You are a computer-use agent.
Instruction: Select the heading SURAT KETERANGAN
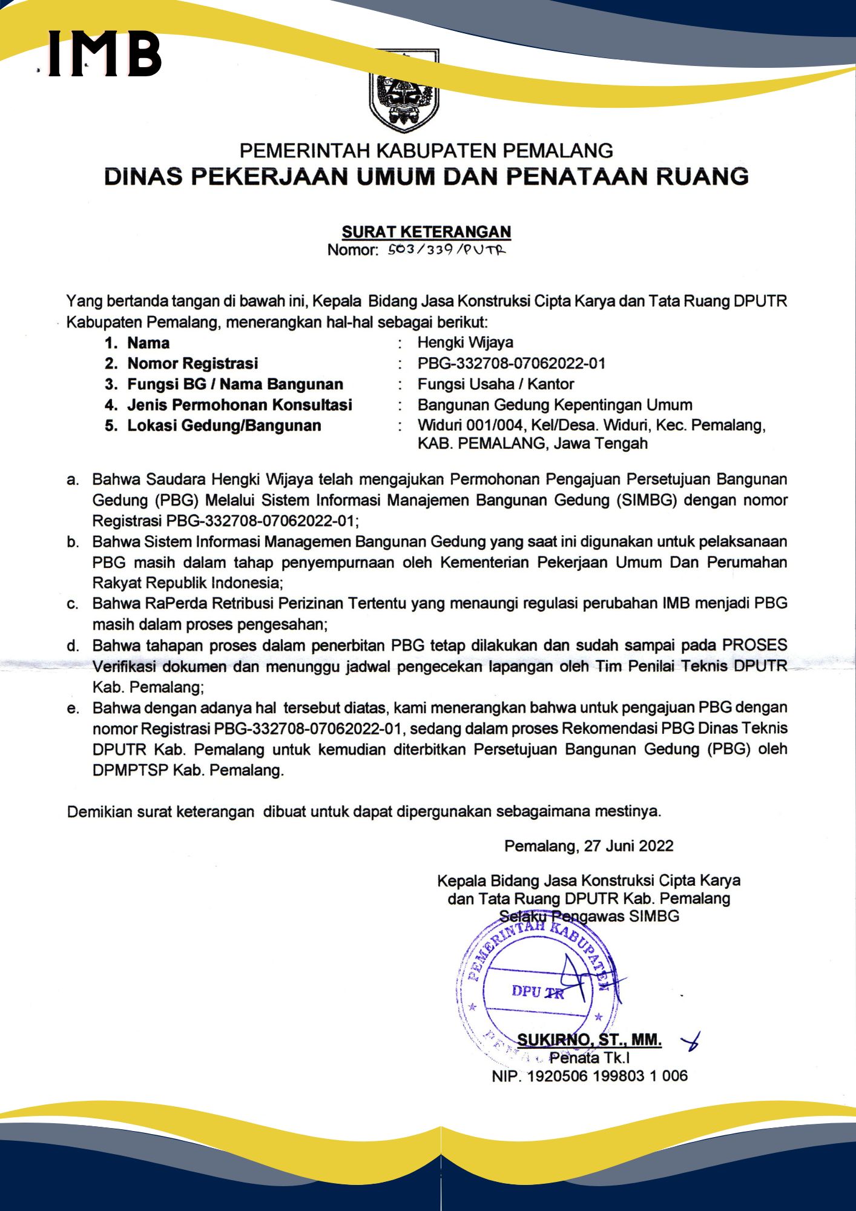[x=426, y=232]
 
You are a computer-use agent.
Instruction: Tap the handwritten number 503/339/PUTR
[x=447, y=249]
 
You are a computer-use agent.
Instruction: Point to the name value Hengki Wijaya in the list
[x=465, y=343]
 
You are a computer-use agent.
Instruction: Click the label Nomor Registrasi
[x=193, y=363]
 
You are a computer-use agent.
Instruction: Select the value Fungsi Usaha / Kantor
[x=495, y=384]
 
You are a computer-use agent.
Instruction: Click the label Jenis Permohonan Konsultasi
[x=239, y=404]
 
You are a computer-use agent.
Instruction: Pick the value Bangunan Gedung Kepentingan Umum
[x=555, y=404]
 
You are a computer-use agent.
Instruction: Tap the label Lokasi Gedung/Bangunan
[x=224, y=425]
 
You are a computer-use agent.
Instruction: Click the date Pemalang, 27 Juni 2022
[x=588, y=846]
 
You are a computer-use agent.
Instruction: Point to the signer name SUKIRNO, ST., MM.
[x=589, y=1040]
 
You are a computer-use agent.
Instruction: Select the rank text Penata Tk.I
[x=589, y=1058]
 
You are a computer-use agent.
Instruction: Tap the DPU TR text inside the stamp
[x=537, y=992]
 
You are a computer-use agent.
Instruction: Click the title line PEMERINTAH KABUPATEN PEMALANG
[x=426, y=151]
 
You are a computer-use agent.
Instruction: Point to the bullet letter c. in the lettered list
[x=73, y=604]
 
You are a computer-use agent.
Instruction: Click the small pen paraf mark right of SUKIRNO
[x=691, y=1041]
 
